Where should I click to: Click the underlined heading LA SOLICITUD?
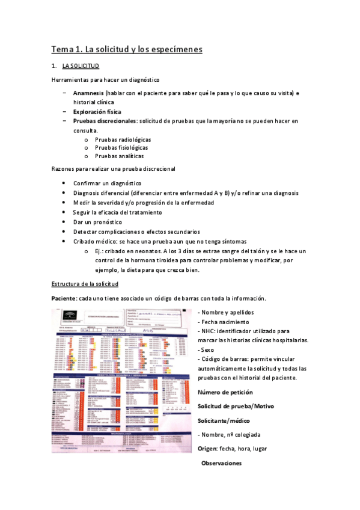tap(81, 66)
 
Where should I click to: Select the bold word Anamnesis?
tap(88, 94)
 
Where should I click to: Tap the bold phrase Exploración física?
tap(97, 112)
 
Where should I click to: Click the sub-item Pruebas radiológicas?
tap(123, 139)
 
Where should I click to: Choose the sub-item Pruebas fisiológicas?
tap(121, 147)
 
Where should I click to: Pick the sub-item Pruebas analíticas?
tap(120, 156)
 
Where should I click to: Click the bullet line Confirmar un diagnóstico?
tap(107, 183)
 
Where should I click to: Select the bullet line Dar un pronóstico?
tap(97, 222)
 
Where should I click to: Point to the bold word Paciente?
tap(64, 299)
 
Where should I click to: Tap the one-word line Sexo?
tap(207, 349)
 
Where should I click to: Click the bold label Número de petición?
tap(227, 392)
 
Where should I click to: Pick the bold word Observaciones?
tap(221, 463)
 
